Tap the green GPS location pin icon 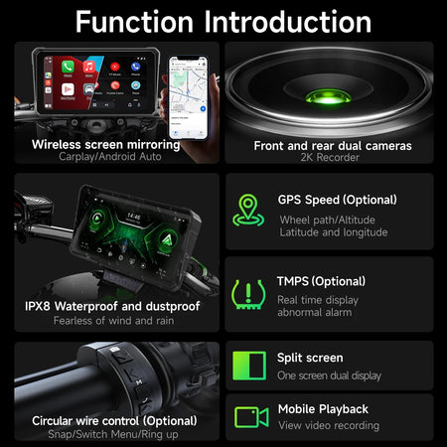pos(248,211)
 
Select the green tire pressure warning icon pos(248,292)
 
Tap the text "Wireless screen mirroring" pos(105,144)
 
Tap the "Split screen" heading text pos(310,358)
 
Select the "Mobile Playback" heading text pos(322,408)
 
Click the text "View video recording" pos(328,425)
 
